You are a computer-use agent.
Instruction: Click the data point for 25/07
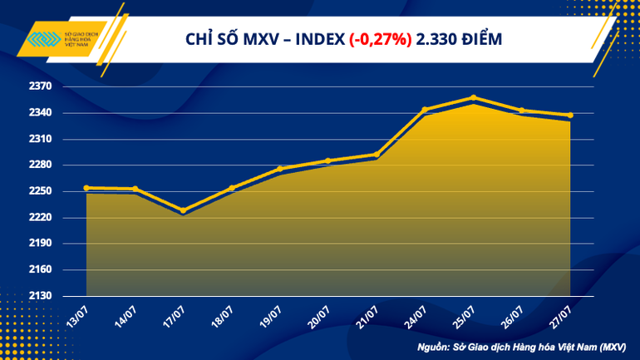tap(474, 98)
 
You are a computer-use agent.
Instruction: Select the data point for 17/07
tap(184, 210)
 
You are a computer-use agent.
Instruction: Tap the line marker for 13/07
tap(86, 188)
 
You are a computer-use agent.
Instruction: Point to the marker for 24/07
tap(425, 110)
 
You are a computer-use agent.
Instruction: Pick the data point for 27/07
tap(570, 116)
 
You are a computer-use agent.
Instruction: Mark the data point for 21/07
tap(377, 155)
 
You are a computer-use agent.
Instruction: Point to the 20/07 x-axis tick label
tap(320, 315)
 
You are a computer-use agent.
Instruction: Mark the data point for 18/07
tap(232, 188)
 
